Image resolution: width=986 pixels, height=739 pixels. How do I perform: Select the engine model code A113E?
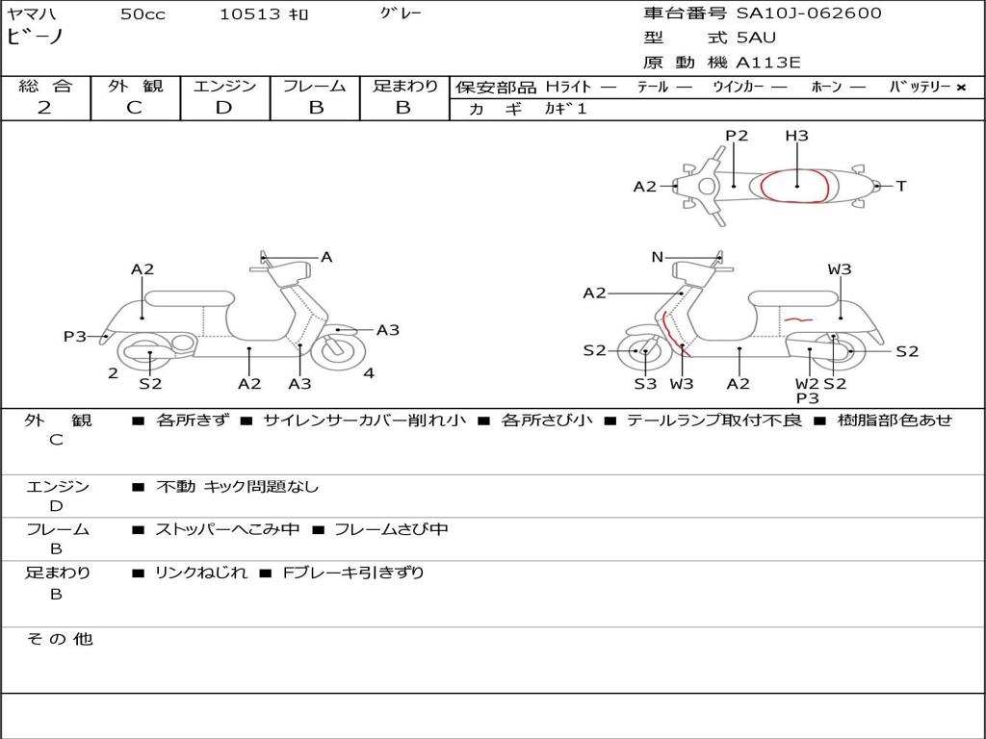(768, 63)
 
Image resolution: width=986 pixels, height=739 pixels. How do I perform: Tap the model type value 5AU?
(756, 38)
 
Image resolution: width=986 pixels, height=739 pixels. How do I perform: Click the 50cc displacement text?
(142, 14)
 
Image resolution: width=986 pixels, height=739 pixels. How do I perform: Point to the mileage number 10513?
(249, 14)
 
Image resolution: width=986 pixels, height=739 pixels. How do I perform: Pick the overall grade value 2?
(44, 108)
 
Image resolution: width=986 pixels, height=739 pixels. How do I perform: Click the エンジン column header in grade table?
(224, 87)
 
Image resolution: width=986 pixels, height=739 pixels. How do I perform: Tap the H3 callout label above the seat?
(796, 136)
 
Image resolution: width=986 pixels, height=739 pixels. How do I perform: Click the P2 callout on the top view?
(737, 136)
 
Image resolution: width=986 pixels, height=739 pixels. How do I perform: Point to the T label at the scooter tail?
(901, 187)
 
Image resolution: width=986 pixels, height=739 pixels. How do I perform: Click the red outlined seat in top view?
(795, 186)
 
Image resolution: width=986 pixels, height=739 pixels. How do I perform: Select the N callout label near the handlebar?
(657, 257)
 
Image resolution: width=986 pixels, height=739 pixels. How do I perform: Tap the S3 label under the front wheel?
(645, 384)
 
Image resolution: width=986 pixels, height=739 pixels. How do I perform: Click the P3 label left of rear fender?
(75, 337)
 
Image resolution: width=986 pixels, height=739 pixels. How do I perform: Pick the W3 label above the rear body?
(840, 269)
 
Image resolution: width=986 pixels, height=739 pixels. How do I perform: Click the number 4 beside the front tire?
(369, 373)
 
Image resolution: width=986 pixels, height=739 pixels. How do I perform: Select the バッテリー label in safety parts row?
(920, 87)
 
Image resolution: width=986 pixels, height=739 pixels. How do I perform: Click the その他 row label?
(59, 639)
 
